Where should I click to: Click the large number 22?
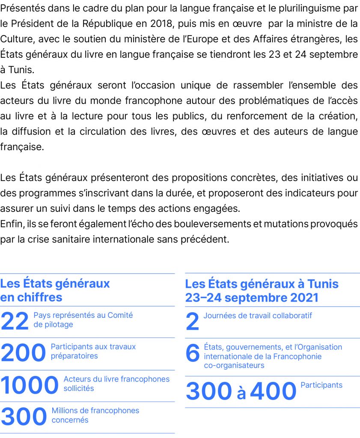point(15,322)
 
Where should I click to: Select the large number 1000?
point(29,385)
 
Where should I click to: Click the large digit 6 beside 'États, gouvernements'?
point(193,353)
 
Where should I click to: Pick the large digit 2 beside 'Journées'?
point(193,322)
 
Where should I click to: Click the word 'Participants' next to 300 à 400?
point(321,385)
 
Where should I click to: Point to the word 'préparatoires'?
point(74,356)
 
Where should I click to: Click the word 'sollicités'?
point(79,388)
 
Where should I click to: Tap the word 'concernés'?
point(70,420)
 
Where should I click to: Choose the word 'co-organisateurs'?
point(234,366)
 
